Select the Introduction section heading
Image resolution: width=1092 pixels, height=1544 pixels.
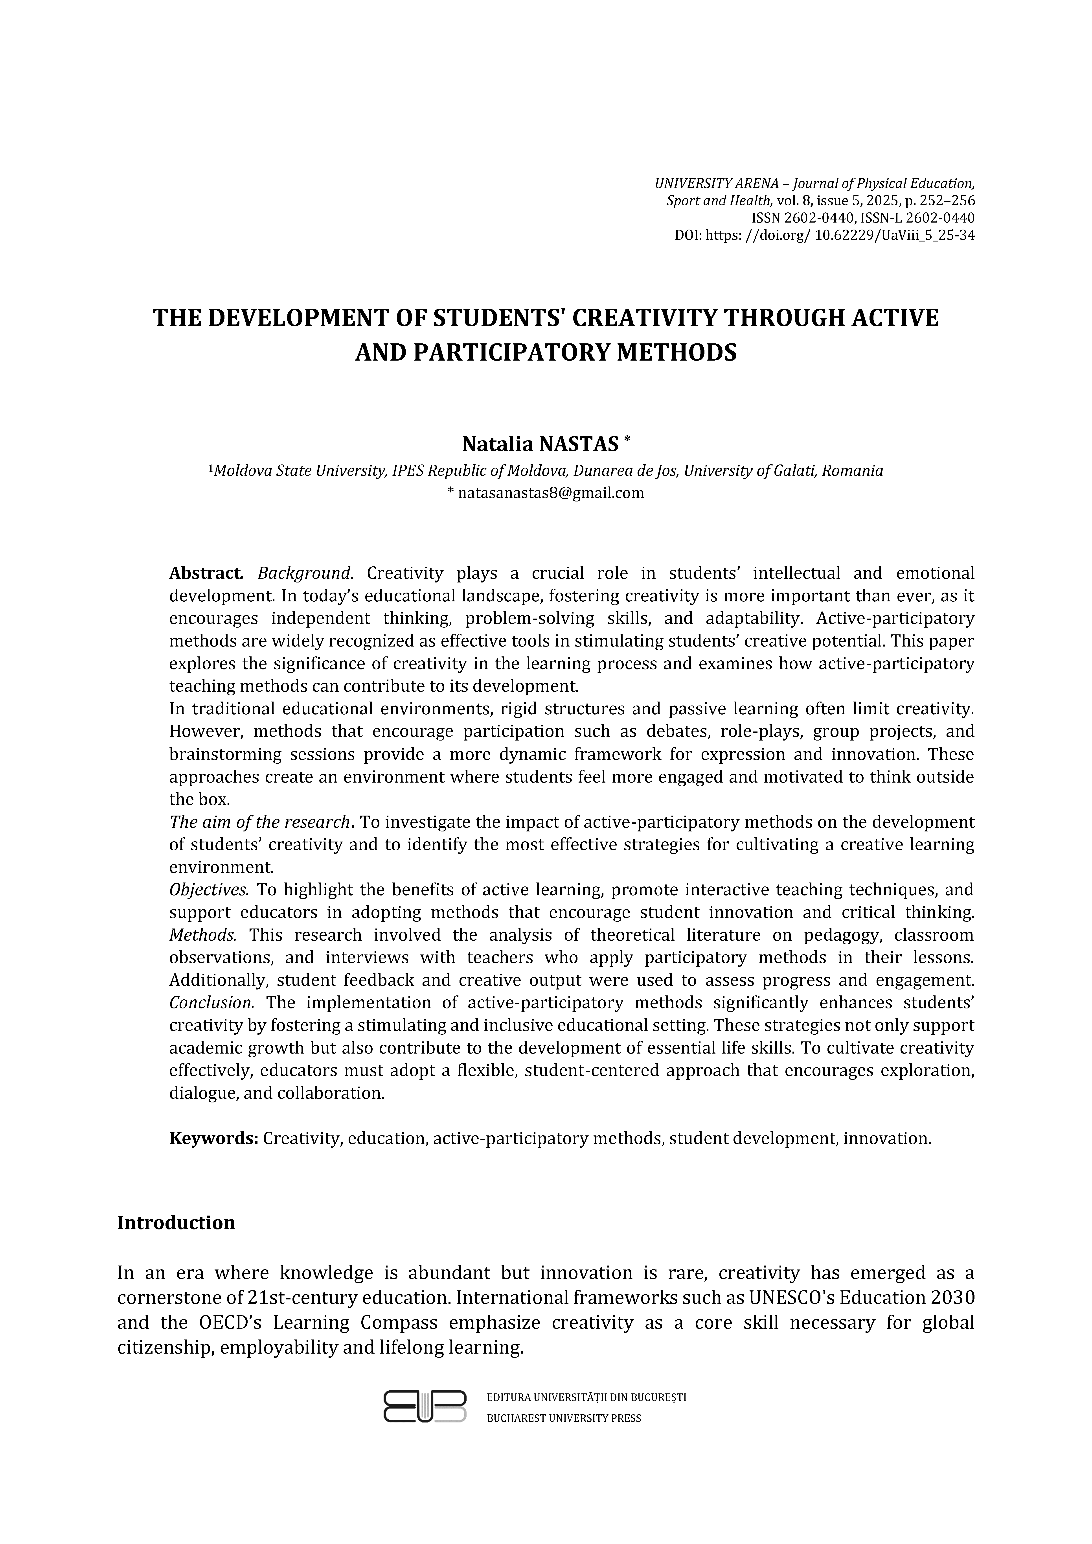pyautogui.click(x=176, y=1223)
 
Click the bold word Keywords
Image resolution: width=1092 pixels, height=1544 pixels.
pyautogui.click(x=214, y=1139)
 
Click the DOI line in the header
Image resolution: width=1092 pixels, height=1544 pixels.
pyautogui.click(x=824, y=235)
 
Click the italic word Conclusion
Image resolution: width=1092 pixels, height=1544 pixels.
pyautogui.click(x=211, y=1003)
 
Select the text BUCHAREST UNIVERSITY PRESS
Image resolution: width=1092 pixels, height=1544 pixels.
pyautogui.click(x=563, y=1418)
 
